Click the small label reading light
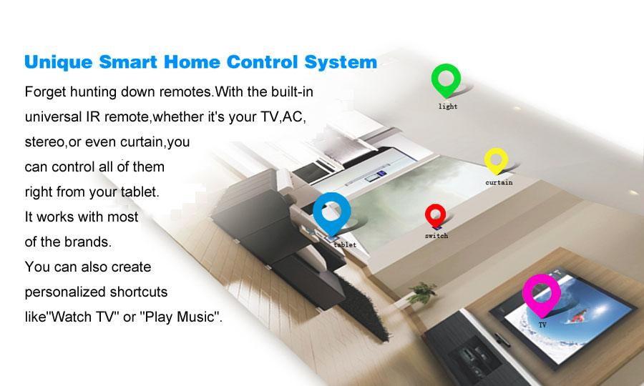coord(448,107)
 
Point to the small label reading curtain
coord(499,182)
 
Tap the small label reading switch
coord(436,236)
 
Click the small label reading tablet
coord(345,245)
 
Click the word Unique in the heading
coord(59,62)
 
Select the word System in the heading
coord(341,62)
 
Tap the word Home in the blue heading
coord(192,62)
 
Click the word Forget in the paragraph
coord(46,92)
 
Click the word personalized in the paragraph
coord(65,292)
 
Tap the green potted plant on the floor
coord(421,292)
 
